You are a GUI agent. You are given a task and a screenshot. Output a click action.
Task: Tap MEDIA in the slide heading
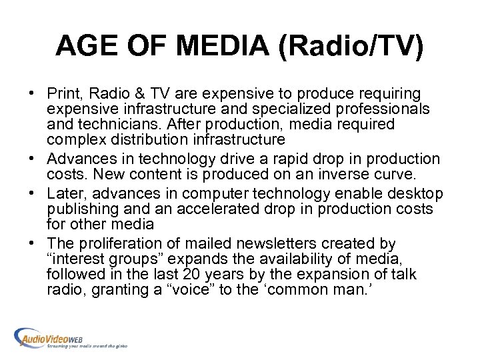pyautogui.click(x=222, y=46)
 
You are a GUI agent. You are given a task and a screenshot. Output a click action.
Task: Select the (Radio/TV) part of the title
pyautogui.click(x=354, y=46)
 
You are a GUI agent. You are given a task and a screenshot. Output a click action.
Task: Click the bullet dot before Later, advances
pyautogui.click(x=37, y=193)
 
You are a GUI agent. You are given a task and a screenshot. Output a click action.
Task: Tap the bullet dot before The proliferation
pyautogui.click(x=37, y=244)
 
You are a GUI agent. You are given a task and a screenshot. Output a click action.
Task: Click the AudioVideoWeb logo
pyautogui.click(x=69, y=337)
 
